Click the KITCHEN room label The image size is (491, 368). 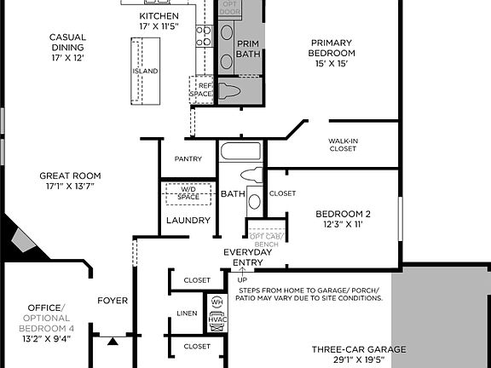pos(159,16)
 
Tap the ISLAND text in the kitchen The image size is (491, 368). pos(145,72)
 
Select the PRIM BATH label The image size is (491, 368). pos(247,49)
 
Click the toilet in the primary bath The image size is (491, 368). pos(234,92)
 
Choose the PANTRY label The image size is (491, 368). pos(188,159)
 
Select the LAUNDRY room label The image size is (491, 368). pos(188,221)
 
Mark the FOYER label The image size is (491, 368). pos(113,300)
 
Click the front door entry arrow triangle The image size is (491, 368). pos(113,342)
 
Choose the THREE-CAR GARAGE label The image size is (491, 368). pos(357,349)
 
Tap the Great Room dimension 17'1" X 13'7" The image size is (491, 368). pos(66,186)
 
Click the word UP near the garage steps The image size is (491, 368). pos(241,279)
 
